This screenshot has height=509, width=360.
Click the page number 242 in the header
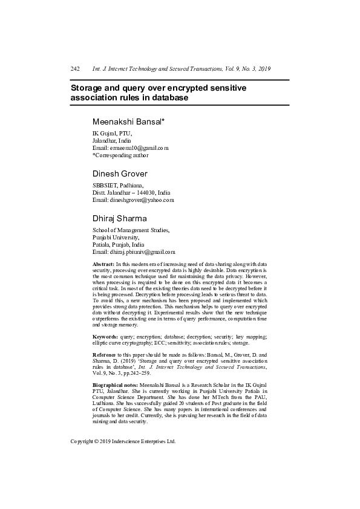coord(76,69)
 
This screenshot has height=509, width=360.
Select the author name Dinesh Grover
coord(120,174)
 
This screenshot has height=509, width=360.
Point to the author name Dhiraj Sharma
coord(119,218)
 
